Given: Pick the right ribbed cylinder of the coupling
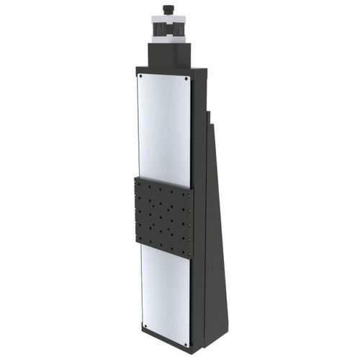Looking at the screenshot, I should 181,32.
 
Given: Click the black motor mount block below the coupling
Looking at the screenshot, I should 170,54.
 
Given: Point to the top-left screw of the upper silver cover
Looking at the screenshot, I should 141,76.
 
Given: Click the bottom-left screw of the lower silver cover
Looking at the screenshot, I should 145,325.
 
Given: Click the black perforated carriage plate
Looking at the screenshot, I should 163,217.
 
